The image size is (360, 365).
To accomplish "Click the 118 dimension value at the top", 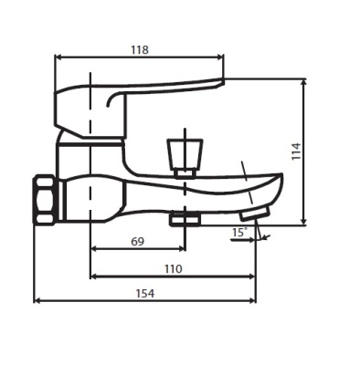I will click(x=139, y=49).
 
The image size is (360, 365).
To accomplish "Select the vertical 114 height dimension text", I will click(x=295, y=151).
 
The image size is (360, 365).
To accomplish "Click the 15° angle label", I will click(x=238, y=234).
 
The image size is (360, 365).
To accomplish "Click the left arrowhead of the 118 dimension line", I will click(x=58, y=58).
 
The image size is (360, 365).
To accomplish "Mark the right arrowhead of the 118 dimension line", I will click(x=220, y=58).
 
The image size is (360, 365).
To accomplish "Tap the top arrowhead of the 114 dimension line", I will click(x=303, y=81).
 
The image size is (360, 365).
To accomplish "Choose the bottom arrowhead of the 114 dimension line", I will click(x=303, y=221).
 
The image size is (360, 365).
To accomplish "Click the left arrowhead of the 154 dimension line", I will click(x=37, y=300).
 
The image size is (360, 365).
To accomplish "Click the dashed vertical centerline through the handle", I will click(x=91, y=164).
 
